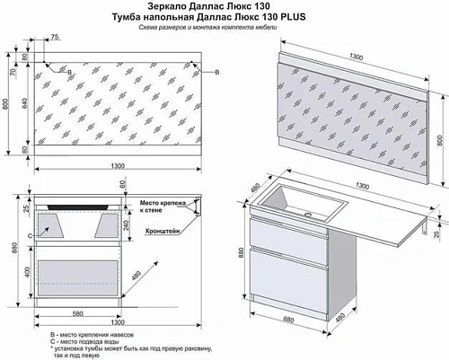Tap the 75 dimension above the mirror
click(x=55, y=37)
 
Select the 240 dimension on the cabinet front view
click(x=128, y=225)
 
